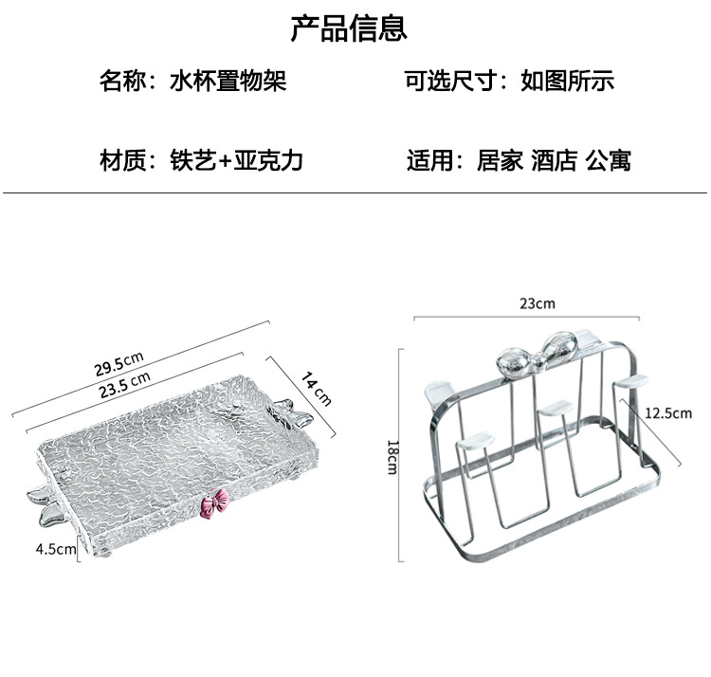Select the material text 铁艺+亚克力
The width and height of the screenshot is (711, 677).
[x=237, y=160]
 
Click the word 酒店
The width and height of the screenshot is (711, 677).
[x=555, y=160]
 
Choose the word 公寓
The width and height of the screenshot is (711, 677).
[x=608, y=160]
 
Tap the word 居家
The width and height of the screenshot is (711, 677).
[x=500, y=160]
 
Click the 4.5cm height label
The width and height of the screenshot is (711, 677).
[x=55, y=548]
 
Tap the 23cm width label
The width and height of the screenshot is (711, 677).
[x=537, y=304]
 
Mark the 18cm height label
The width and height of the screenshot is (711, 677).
[x=392, y=456]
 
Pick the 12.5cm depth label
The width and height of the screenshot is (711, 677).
[x=667, y=413]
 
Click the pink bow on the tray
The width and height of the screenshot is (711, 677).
[x=218, y=503]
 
